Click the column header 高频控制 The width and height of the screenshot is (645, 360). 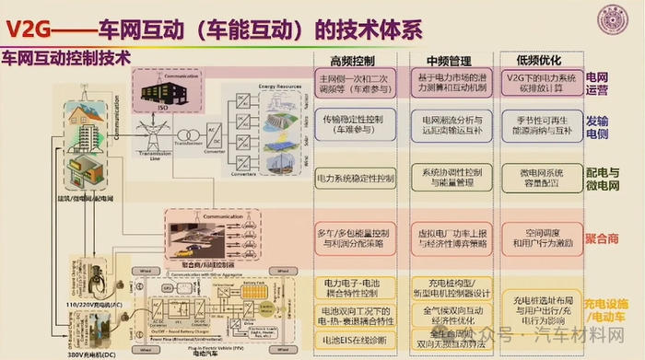tap(351, 60)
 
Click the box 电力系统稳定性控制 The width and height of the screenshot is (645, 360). tap(355, 176)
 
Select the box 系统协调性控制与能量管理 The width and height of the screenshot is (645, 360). tap(451, 177)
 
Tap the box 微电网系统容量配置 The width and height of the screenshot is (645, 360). tap(541, 177)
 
